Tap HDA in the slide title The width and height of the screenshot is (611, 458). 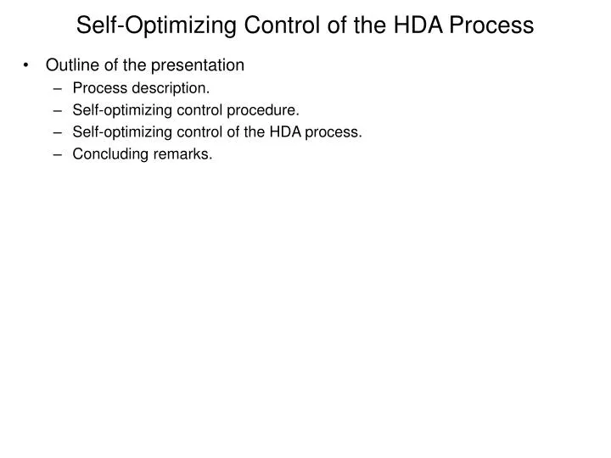[412, 25]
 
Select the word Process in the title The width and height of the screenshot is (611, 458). [491, 25]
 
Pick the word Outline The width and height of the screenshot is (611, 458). [70, 65]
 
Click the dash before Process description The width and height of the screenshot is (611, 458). [59, 87]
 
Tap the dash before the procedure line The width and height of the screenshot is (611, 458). [59, 109]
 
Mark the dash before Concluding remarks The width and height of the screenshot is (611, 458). [59, 154]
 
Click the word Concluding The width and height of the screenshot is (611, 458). [107, 154]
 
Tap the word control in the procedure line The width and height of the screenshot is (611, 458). [216, 109]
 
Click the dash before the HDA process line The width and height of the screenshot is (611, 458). [59, 131]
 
